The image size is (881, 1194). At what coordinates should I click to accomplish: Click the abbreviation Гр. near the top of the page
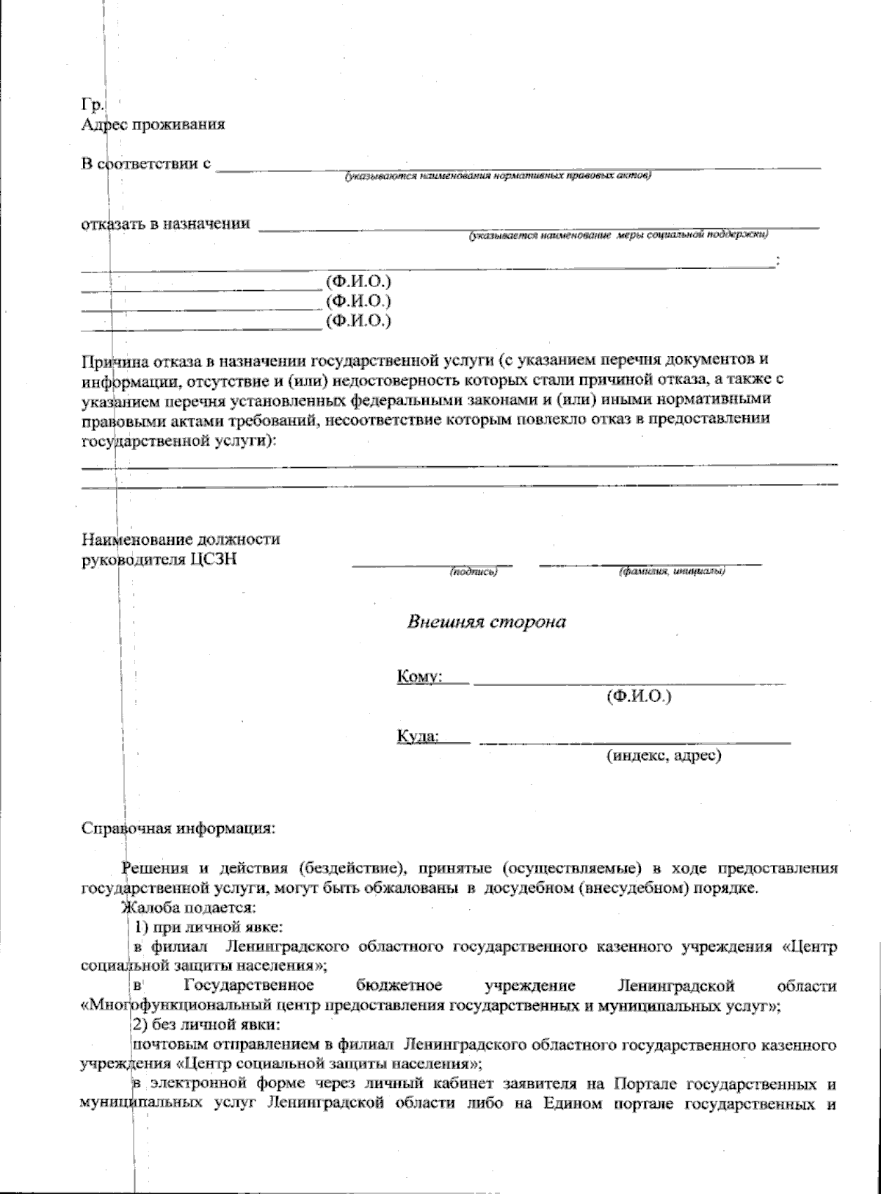coord(91,104)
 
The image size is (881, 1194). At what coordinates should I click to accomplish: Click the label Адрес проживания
coord(153,123)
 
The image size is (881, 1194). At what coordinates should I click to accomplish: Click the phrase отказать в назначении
coord(165,223)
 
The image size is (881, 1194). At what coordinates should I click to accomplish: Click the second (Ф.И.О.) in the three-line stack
coord(358,300)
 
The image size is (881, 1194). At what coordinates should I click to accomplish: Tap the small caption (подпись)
coord(474,571)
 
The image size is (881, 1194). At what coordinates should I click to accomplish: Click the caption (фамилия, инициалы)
coord(672,571)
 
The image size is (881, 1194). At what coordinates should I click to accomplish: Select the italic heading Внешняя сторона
coord(487,622)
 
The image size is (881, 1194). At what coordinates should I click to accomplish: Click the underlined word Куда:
coord(418,735)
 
